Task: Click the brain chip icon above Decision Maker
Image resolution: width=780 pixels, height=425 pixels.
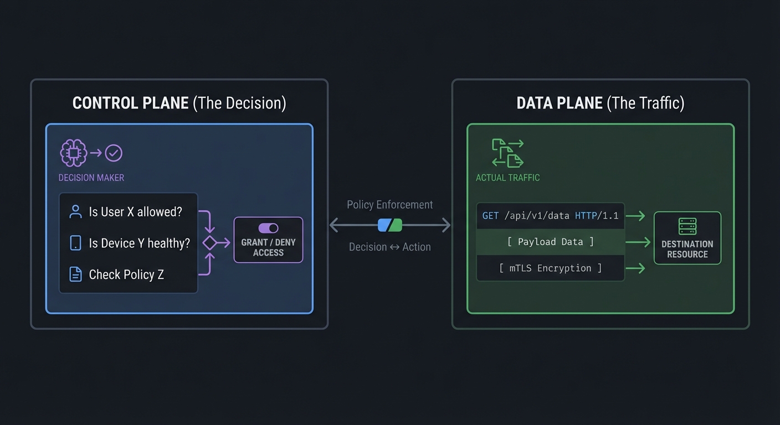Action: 73,153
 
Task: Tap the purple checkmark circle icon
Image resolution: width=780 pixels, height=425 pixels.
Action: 114,153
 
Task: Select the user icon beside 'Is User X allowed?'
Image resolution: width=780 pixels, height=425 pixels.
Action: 75,211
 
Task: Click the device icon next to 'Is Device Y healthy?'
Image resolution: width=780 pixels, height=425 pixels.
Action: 75,243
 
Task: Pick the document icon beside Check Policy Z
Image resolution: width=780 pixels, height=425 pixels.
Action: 75,274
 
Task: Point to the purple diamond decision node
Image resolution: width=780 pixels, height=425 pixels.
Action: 209,242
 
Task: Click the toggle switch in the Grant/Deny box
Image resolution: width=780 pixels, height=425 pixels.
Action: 268,228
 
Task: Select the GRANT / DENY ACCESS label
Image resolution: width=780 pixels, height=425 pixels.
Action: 268,247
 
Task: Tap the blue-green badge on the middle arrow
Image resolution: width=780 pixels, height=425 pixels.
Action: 390,225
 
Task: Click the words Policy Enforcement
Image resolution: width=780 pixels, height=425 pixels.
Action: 390,205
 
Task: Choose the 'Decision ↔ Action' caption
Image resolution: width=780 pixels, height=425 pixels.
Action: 390,247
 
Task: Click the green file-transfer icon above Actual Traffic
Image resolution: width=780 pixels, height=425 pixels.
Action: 507,153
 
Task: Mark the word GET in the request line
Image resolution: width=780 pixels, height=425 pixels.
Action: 490,215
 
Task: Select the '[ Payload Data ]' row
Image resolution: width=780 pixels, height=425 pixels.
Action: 550,242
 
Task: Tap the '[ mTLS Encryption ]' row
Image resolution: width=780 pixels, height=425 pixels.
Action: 550,268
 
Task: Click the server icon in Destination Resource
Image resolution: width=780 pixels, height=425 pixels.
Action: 687,226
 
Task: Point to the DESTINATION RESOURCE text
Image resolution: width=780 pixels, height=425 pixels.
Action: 687,249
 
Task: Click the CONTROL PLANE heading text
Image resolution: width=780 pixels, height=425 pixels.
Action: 131,103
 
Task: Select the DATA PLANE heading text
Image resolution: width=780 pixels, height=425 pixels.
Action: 560,103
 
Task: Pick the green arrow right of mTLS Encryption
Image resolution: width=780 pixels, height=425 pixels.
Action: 635,268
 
